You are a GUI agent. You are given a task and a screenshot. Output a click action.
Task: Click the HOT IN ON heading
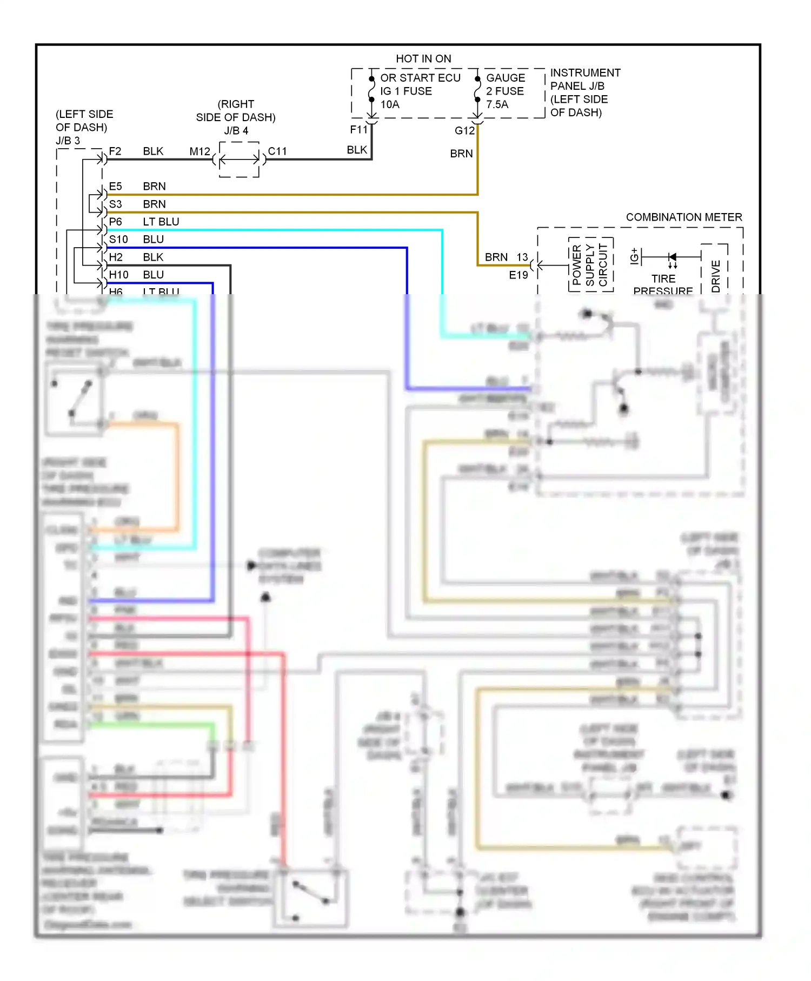[423, 58]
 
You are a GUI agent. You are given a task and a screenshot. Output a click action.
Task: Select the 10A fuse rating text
[390, 104]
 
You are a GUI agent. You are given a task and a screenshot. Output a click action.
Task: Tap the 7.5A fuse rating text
[497, 104]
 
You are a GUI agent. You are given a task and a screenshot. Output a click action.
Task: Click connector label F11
[358, 129]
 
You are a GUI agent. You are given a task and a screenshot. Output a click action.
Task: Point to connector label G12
[464, 130]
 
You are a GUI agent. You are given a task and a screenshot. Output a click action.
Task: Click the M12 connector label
[200, 151]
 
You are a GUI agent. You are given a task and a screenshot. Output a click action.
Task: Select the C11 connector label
[277, 151]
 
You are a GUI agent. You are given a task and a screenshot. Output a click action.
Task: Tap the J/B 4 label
[236, 130]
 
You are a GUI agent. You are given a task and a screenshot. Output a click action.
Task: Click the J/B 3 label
[68, 141]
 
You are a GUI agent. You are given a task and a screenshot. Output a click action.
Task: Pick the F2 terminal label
[115, 151]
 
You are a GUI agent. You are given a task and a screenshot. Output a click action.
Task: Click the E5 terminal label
[115, 186]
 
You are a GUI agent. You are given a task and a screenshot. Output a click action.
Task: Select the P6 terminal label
[115, 222]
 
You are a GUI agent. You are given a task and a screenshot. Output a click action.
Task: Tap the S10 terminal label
[118, 239]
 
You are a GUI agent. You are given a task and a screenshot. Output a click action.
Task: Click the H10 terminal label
[118, 275]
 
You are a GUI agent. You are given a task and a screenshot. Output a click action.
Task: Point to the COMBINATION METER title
[684, 217]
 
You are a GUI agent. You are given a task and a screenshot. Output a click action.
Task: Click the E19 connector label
[518, 275]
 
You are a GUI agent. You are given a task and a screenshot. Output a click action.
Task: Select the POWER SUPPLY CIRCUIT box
[590, 264]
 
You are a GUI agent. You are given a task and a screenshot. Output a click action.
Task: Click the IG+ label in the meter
[635, 256]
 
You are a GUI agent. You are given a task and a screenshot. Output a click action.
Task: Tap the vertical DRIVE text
[716, 276]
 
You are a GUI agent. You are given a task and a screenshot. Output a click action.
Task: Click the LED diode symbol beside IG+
[672, 257]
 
